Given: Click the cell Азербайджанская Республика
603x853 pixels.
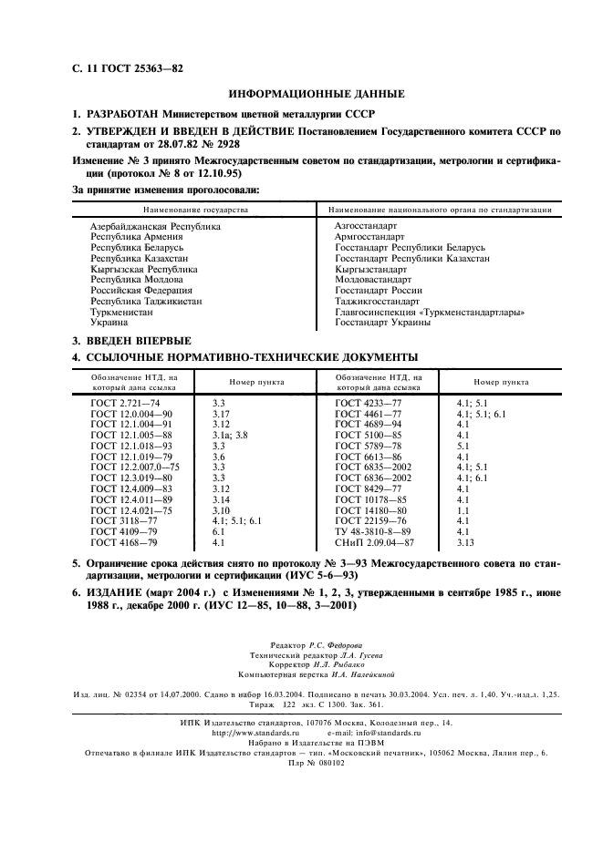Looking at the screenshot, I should coord(155,224).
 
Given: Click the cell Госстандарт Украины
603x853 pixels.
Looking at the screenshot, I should coord(382,323).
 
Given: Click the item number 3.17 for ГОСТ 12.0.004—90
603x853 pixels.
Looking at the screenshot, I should coord(222,413).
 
